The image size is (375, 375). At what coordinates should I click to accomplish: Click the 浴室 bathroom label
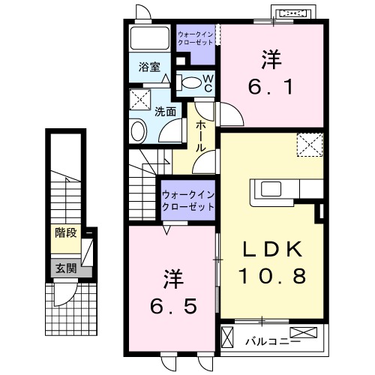pyautogui.click(x=148, y=67)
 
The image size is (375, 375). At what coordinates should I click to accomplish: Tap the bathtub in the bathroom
pyautogui.click(x=150, y=40)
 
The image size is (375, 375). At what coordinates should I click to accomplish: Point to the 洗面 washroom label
pyautogui.click(x=165, y=112)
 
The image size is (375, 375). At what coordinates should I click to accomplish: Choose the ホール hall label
pyautogui.click(x=201, y=136)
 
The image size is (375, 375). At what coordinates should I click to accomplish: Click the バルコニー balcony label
pyautogui.click(x=263, y=341)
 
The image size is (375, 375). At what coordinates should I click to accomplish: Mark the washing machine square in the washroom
pyautogui.click(x=139, y=100)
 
